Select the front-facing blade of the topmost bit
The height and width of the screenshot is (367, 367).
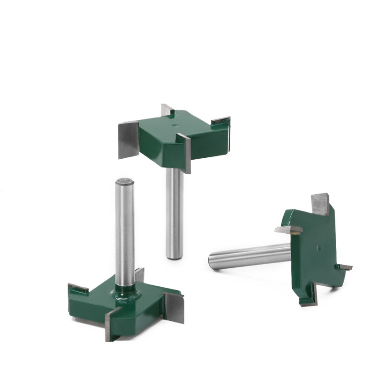[x=184, y=152]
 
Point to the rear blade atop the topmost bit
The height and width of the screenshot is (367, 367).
[x=166, y=110]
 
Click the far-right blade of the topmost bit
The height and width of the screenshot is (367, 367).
[x=221, y=120]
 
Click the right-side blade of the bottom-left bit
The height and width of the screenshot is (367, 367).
[x=174, y=306]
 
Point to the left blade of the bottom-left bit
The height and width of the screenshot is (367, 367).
[x=78, y=288]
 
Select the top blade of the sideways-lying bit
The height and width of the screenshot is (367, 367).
[x=320, y=203]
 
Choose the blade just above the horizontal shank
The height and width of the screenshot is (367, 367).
[x=288, y=229]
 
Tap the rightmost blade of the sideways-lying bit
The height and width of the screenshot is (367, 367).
[x=345, y=267]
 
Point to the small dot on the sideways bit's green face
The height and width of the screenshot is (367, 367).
[x=318, y=248]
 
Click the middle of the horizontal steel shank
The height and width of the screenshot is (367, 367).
[x=250, y=256]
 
